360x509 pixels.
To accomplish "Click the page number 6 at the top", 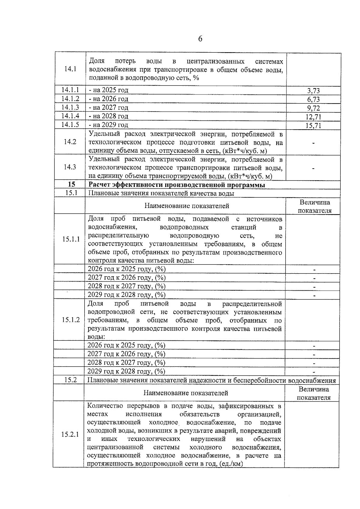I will pos(200,39).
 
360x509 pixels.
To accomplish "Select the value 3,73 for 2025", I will pos(313,91).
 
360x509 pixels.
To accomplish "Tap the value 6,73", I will pos(313,99).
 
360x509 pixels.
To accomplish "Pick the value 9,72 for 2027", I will pos(313,108).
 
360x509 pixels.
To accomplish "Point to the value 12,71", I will pos(313,117).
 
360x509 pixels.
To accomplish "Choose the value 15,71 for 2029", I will pos(313,125).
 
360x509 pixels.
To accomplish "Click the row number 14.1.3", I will pos(70,107).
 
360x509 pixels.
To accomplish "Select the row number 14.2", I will pos(70,142).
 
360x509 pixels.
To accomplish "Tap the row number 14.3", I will pos(70,167).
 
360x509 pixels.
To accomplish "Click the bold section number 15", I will pos(71,185).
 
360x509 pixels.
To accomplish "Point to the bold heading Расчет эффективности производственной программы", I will pos(177,185).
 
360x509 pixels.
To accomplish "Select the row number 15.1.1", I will pos(71,239).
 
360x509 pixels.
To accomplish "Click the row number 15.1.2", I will pos(71,320).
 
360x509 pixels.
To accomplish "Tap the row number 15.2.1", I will pos(70,434).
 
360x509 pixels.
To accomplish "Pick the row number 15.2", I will pos(70,380).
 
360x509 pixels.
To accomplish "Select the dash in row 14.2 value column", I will pos(313,143).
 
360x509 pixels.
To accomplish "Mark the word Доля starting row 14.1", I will pos(96,61).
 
